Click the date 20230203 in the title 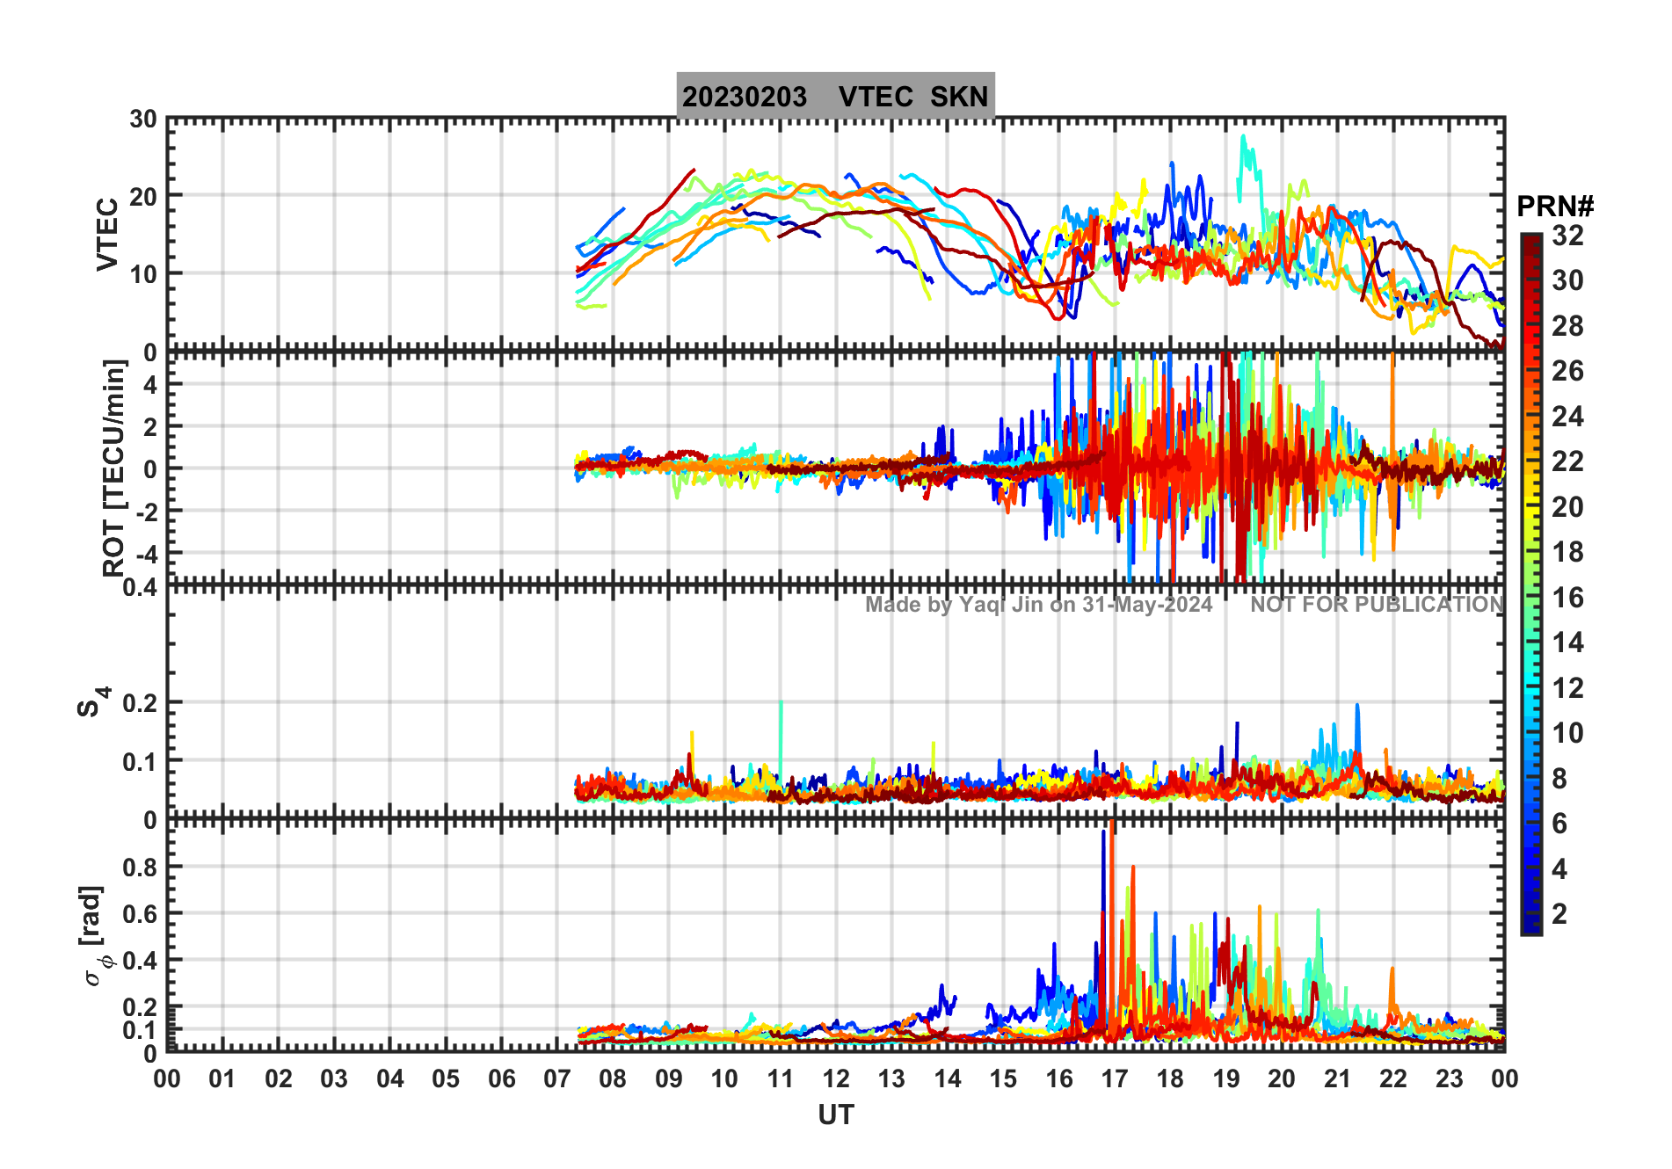[x=744, y=97]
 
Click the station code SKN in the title [x=959, y=97]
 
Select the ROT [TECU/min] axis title [x=114, y=468]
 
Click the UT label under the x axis [x=835, y=1115]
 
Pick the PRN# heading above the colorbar [x=1554, y=207]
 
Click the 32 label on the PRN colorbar [x=1567, y=236]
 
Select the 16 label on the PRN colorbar [x=1567, y=598]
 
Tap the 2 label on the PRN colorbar [x=1559, y=914]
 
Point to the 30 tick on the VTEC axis [x=143, y=120]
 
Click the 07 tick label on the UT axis [x=557, y=1079]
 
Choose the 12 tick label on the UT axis [x=836, y=1079]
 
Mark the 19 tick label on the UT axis [x=1225, y=1079]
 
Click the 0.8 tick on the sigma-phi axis [x=140, y=868]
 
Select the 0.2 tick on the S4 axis [x=140, y=703]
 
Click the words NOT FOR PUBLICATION [x=1377, y=605]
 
